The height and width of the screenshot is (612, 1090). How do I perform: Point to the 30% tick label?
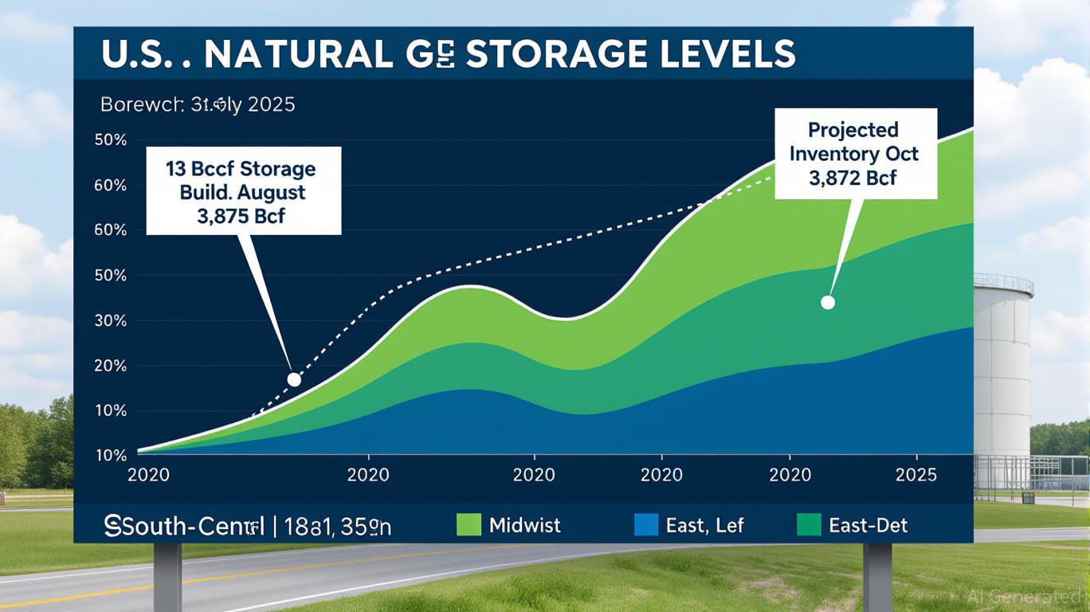tap(111, 321)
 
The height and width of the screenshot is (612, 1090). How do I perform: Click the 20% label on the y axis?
tap(111, 367)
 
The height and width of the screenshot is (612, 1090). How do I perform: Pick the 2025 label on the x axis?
tap(916, 476)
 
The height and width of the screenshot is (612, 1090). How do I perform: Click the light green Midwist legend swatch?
tap(469, 525)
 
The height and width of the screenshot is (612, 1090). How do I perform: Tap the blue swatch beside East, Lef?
tap(646, 525)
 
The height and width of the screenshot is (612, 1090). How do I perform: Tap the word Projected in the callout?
tap(853, 130)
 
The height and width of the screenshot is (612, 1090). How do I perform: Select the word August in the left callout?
tap(270, 193)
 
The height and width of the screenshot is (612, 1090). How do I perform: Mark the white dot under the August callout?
tap(294, 379)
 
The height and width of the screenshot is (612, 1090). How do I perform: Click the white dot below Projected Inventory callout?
tap(827, 302)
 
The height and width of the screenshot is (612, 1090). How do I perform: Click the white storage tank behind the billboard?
tap(1002, 359)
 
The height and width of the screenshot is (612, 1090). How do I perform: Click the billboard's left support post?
tap(167, 575)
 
